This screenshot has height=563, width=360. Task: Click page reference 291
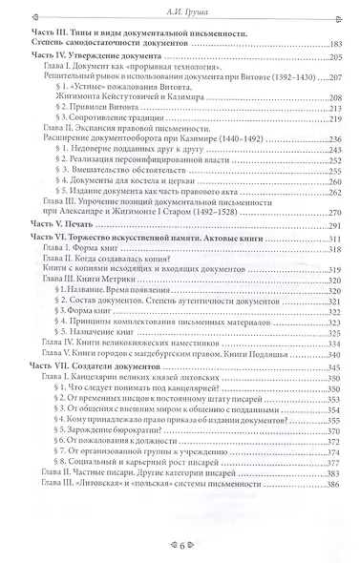[x=332, y=277]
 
